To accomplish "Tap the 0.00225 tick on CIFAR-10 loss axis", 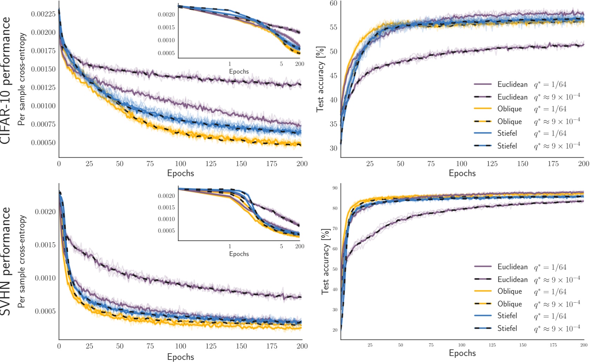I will [43, 14].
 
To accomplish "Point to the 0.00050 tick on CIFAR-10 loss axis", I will [43, 143].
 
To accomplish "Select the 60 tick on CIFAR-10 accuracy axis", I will [333, 4].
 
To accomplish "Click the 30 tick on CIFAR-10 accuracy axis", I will [333, 148].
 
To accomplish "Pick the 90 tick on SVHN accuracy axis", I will [335, 188].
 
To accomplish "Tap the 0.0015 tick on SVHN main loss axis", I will [45, 245].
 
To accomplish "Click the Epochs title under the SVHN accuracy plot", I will [462, 353].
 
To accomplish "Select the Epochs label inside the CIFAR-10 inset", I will [239, 72].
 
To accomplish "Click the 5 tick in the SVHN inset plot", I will [281, 246].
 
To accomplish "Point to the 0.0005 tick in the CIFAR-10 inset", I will [166, 53].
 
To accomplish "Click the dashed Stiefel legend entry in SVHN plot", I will [507, 328].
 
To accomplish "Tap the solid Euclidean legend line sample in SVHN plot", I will [483, 267].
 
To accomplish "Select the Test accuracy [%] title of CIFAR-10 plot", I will [320, 79].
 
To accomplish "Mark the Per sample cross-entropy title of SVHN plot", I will [22, 262].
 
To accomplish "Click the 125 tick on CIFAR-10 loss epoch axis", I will [211, 164].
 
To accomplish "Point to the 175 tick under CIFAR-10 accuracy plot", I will [553, 164].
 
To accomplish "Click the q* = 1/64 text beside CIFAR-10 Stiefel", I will [550, 133].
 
